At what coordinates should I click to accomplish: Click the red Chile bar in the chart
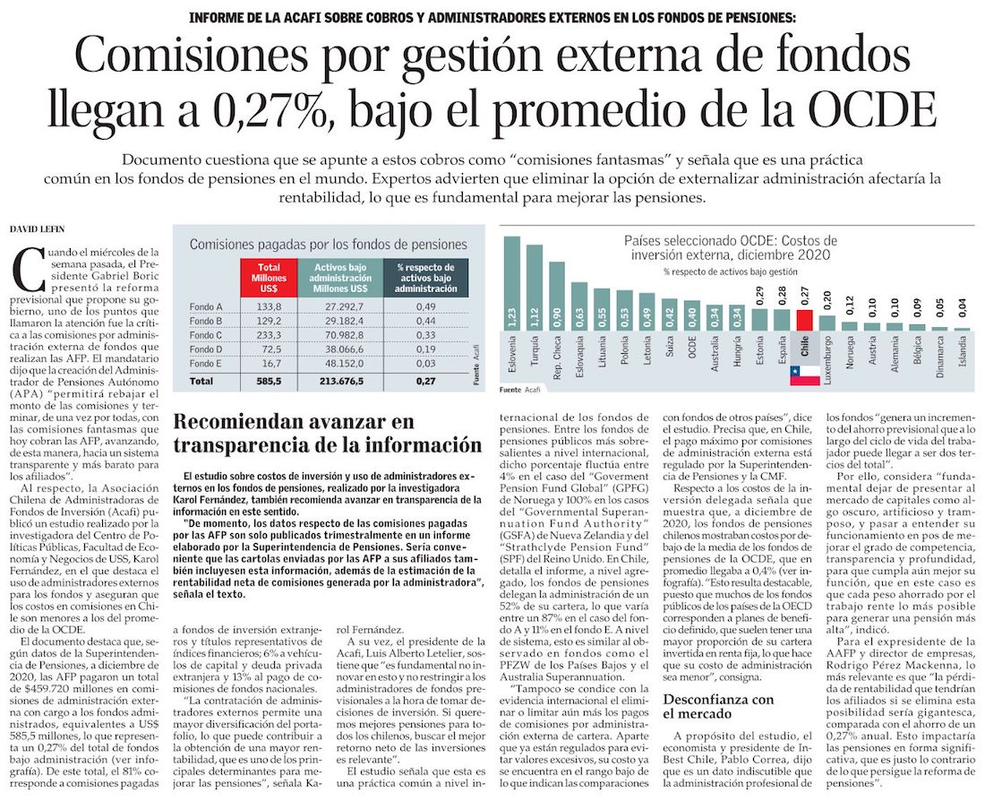tap(804, 320)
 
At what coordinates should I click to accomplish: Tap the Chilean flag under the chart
tap(804, 375)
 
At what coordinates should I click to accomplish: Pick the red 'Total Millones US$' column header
tap(268, 278)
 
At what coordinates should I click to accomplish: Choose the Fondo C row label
tap(206, 334)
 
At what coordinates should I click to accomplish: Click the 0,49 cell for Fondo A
tap(425, 306)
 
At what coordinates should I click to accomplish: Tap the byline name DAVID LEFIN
tap(45, 230)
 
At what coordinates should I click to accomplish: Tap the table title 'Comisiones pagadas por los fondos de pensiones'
tap(328, 244)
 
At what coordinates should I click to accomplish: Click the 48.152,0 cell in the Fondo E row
tap(340, 363)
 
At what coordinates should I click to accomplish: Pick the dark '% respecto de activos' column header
tap(425, 278)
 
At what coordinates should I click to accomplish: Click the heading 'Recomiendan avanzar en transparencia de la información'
tap(327, 434)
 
